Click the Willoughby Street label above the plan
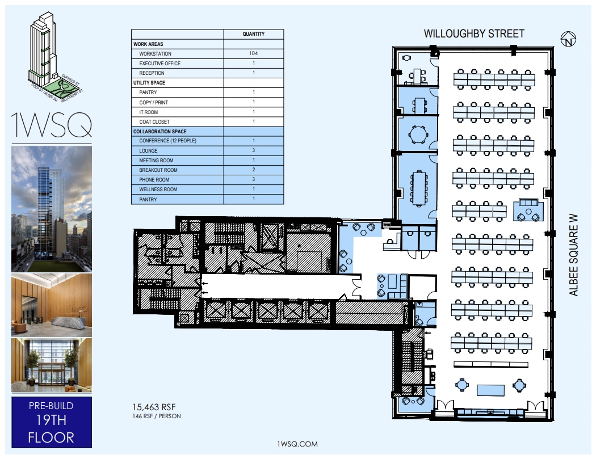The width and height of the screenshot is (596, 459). click(x=474, y=34)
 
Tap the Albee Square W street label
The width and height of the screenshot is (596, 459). click(x=574, y=254)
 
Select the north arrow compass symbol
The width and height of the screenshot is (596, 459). click(x=568, y=40)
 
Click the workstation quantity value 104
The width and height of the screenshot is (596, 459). click(x=253, y=54)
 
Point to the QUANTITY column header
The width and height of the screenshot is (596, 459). click(x=253, y=34)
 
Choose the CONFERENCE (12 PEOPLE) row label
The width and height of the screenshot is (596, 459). click(x=167, y=141)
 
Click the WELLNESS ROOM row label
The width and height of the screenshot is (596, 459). click(x=158, y=190)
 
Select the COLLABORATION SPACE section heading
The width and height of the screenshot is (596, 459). click(x=160, y=132)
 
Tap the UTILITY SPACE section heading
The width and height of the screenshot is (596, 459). click(x=149, y=83)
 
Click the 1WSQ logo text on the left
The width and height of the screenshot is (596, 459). click(x=51, y=126)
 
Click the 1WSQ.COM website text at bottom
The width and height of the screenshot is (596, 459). click(x=295, y=444)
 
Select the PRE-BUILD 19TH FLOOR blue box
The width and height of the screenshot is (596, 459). click(x=51, y=422)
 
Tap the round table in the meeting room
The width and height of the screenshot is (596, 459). click(x=419, y=134)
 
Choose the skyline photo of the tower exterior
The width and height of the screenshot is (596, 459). click(x=51, y=208)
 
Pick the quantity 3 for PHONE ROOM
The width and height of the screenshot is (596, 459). click(x=253, y=180)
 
